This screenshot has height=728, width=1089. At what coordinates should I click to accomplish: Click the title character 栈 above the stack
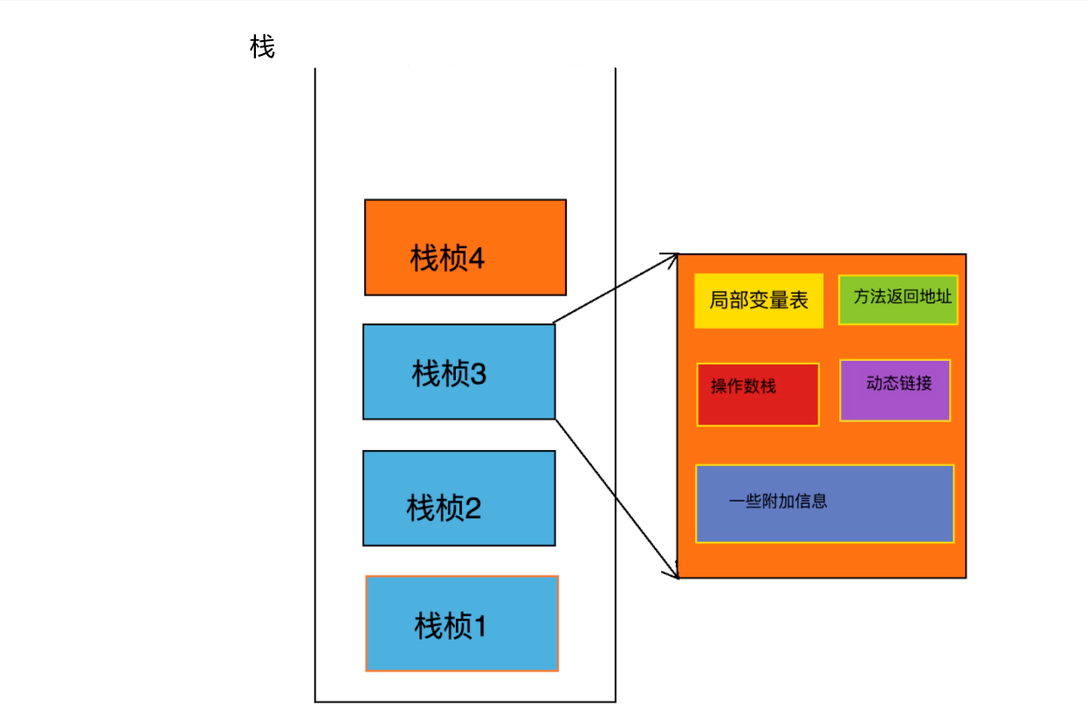(262, 47)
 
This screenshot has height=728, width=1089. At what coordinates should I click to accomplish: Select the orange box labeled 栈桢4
(465, 246)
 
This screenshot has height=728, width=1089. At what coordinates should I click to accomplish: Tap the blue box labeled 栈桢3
(458, 371)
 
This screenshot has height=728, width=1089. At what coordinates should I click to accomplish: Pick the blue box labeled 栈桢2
(458, 497)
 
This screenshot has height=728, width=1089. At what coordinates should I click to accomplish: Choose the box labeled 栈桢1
(461, 623)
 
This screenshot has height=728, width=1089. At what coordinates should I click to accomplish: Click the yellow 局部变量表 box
(758, 301)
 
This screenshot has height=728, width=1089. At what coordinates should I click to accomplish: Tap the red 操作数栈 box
(757, 395)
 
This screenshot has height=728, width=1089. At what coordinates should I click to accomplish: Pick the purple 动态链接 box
(894, 391)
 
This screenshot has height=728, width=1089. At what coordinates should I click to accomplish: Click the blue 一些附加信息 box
(824, 503)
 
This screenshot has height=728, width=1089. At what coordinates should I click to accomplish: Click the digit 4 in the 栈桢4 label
(477, 259)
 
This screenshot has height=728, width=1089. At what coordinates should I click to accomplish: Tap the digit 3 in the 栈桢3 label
(478, 374)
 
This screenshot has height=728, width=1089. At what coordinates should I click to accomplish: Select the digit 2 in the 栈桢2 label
(472, 508)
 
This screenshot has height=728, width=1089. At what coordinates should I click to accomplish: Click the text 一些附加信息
(778, 502)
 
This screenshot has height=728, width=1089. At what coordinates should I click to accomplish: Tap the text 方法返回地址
(902, 296)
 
